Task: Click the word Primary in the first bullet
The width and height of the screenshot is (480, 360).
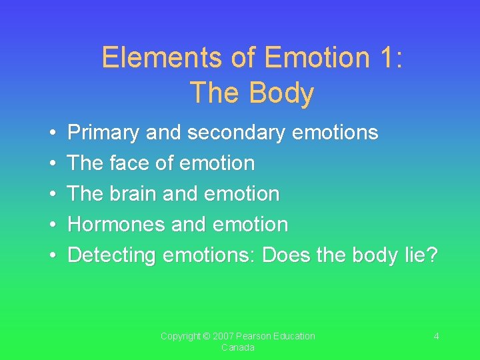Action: coord(104,133)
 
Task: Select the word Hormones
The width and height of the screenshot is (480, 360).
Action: coord(117,225)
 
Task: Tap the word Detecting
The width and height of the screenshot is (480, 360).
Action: coord(112,255)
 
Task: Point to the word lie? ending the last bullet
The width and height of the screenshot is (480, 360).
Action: coord(422,255)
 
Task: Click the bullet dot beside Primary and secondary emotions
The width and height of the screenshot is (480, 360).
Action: coord(51,133)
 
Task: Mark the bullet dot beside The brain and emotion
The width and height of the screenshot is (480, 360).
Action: coord(51,195)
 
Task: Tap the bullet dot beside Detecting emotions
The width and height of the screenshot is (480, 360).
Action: coord(51,256)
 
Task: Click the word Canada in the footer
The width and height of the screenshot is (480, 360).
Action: coord(238,348)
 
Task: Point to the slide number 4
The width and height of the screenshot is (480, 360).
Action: coord(436,337)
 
